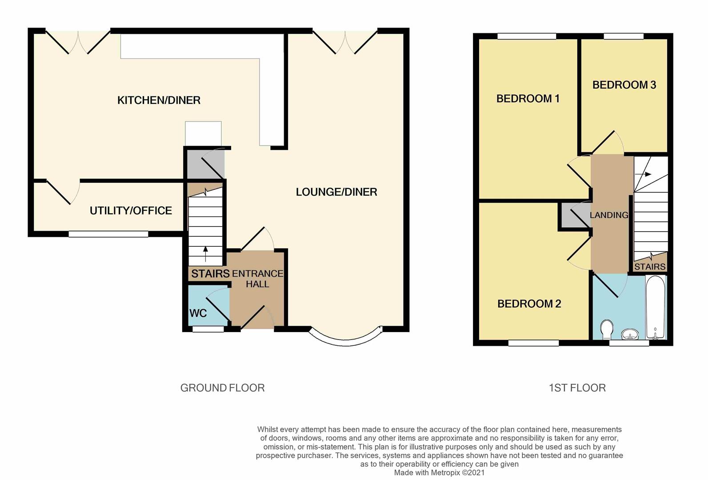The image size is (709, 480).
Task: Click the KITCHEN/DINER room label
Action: tap(159, 100)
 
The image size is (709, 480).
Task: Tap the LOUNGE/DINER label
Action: tap(336, 192)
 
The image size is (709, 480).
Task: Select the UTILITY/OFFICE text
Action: tap(131, 211)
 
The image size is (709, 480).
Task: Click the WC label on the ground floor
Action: tap(198, 313)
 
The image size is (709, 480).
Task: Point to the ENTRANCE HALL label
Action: tap(257, 279)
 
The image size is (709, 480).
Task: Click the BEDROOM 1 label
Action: tap(528, 99)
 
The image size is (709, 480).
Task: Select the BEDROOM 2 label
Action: tap(529, 304)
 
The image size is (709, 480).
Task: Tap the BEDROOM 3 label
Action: tap(624, 85)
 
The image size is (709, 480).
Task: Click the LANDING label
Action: tap(609, 215)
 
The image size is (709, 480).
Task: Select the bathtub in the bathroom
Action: tap(656, 307)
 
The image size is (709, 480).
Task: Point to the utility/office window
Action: tap(108, 234)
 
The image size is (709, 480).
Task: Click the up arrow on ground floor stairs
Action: tap(205, 254)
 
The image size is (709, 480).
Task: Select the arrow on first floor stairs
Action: tap(645, 174)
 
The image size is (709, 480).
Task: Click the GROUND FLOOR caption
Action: tap(222, 388)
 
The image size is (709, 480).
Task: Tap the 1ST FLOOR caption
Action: tap(577, 388)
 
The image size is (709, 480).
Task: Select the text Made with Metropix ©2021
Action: tap(439, 473)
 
